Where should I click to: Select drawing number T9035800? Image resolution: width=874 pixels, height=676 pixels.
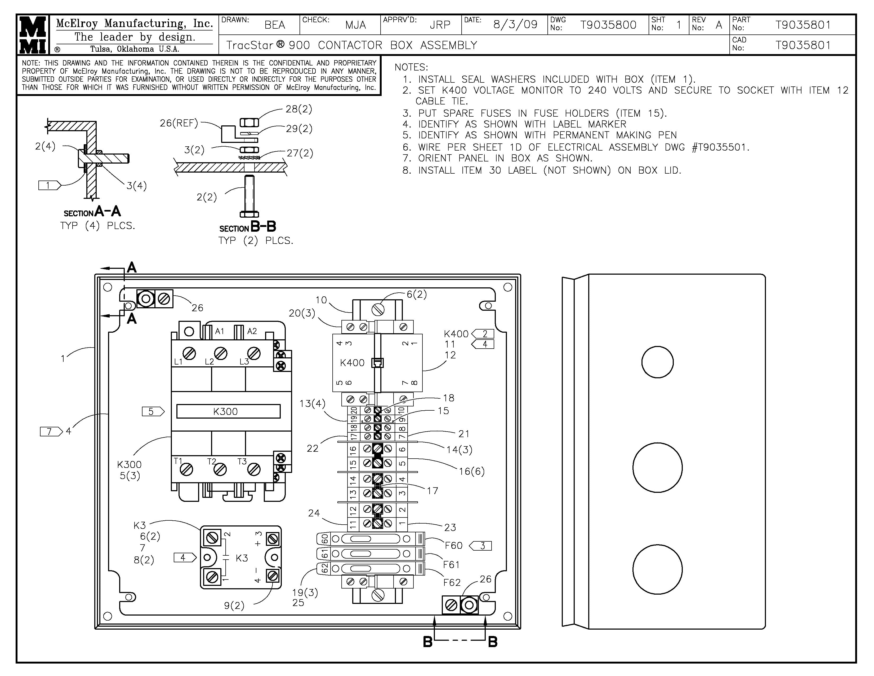pos(608,25)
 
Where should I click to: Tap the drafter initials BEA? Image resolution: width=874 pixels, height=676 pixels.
pos(275,25)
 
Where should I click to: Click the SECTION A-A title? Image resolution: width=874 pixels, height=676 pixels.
pos(92,212)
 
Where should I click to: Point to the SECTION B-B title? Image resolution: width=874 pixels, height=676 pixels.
pos(248,227)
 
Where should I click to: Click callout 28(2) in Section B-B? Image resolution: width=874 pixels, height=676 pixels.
pos(298,109)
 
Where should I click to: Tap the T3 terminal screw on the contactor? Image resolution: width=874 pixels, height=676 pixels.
pos(254,469)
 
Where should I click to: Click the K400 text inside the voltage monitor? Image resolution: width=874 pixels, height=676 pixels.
pos(352,363)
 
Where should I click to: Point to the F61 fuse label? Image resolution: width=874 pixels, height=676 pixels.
pos(451,565)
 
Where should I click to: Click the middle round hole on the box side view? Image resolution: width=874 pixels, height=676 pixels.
pos(657,467)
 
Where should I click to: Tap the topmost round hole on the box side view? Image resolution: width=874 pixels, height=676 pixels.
pos(657,362)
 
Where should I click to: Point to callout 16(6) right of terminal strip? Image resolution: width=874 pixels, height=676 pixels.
pos(471,471)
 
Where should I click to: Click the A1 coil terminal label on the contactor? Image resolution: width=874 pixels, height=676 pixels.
pos(219,331)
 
